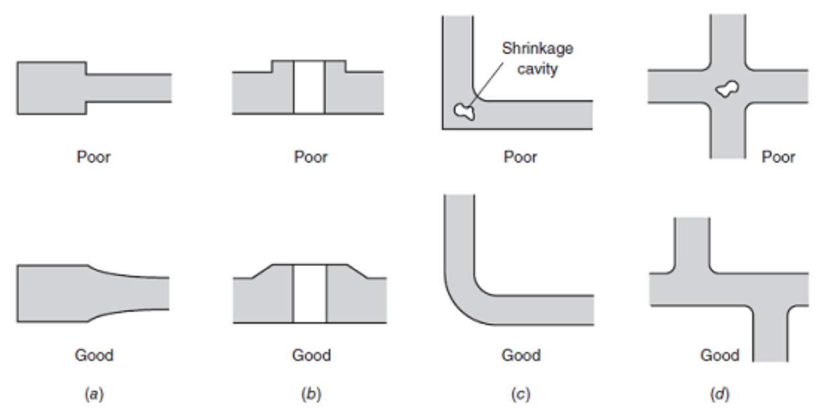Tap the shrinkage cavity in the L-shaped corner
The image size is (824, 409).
pos(464,111)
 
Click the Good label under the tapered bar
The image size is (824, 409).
pos(94,356)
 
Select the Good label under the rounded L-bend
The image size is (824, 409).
pos(521,356)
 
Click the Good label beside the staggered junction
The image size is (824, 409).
pos(720,356)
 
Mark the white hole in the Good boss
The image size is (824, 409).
pos(310,293)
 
